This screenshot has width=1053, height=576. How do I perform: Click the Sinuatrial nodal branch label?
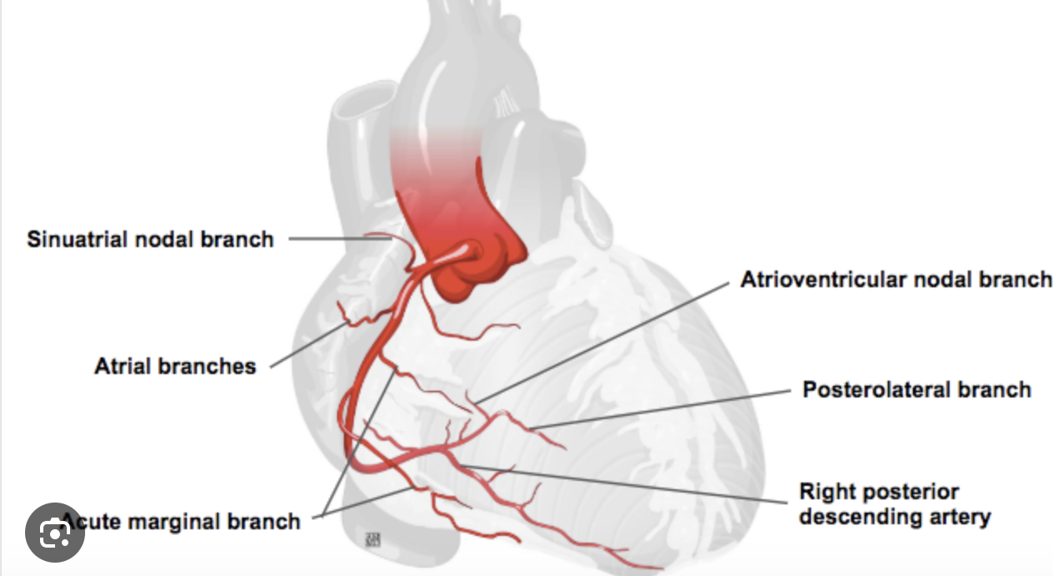150,239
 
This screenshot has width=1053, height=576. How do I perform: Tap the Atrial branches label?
175,366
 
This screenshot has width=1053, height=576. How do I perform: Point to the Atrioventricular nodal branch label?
896,279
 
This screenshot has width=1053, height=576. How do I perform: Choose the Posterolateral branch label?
916,389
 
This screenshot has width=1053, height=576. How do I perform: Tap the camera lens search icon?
55,532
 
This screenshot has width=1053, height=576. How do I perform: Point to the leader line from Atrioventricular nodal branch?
601,342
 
